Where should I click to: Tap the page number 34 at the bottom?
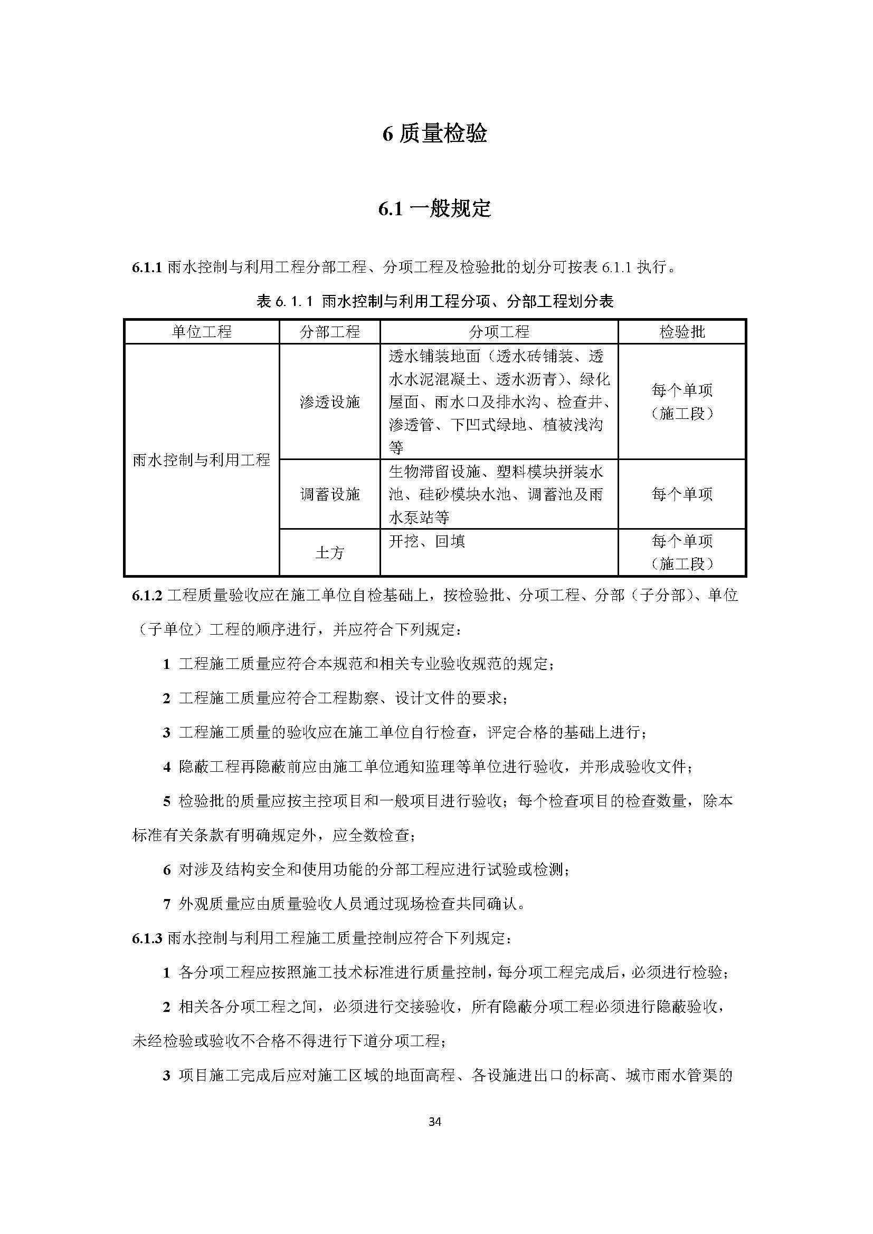[x=435, y=1121]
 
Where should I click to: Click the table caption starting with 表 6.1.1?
[x=435, y=302]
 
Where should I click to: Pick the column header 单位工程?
[x=202, y=332]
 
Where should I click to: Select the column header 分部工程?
[x=329, y=332]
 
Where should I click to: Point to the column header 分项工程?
[x=499, y=332]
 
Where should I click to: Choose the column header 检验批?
[x=681, y=332]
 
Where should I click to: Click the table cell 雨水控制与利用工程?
[x=202, y=460]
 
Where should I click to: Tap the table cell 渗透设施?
[x=329, y=402]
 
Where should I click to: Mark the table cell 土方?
[x=329, y=552]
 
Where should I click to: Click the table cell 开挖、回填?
[x=427, y=541]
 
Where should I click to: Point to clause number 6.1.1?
[x=147, y=267]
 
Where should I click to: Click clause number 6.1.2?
[x=147, y=596]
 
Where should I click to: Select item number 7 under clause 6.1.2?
[x=167, y=905]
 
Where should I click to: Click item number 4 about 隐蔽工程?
[x=167, y=767]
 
